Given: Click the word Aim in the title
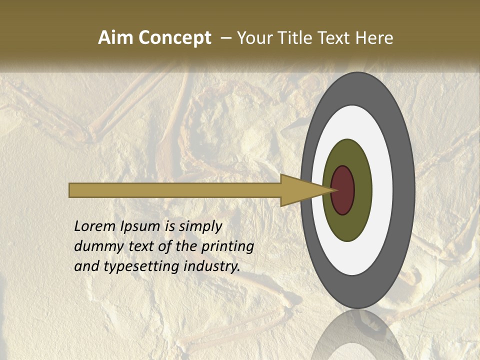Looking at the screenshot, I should coord(116,38).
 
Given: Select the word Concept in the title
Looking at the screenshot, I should coord(175,38).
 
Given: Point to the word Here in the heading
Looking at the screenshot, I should coord(374,38).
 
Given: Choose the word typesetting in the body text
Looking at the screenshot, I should coord(142,266).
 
